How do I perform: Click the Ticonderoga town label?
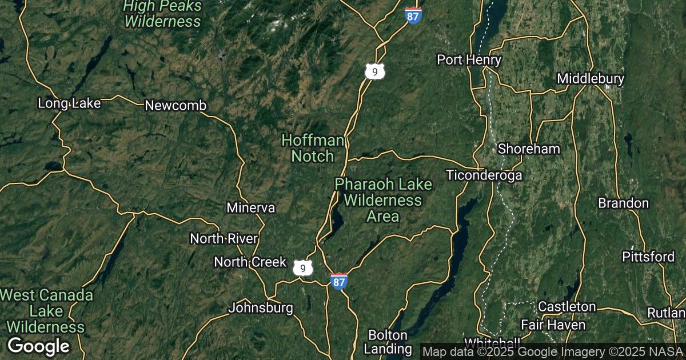click(x=485, y=175)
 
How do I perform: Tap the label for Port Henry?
click(x=469, y=60)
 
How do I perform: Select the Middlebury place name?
click(x=591, y=78)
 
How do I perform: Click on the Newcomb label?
click(x=176, y=106)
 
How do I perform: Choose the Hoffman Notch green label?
click(x=313, y=148)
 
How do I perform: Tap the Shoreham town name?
click(x=529, y=149)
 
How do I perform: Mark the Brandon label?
click(x=623, y=203)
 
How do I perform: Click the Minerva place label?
click(x=250, y=207)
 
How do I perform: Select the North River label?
click(x=224, y=238)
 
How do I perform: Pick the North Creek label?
click(x=250, y=262)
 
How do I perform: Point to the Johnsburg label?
click(x=261, y=308)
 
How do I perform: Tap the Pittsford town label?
click(x=648, y=257)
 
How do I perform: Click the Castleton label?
click(x=567, y=307)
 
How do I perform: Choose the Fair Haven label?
click(x=553, y=325)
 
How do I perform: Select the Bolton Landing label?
click(x=388, y=342)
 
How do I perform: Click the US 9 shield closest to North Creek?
click(x=303, y=267)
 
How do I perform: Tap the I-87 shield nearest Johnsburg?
click(x=339, y=281)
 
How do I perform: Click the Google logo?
click(x=39, y=346)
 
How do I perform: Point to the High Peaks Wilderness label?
click(x=163, y=14)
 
